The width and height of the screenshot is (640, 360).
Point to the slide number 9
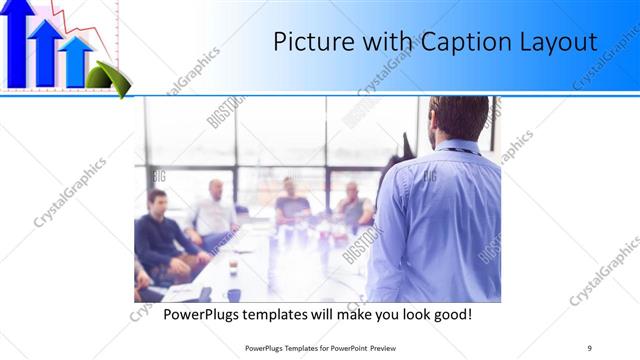point(588,347)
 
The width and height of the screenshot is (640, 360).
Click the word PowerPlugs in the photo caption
point(206,314)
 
